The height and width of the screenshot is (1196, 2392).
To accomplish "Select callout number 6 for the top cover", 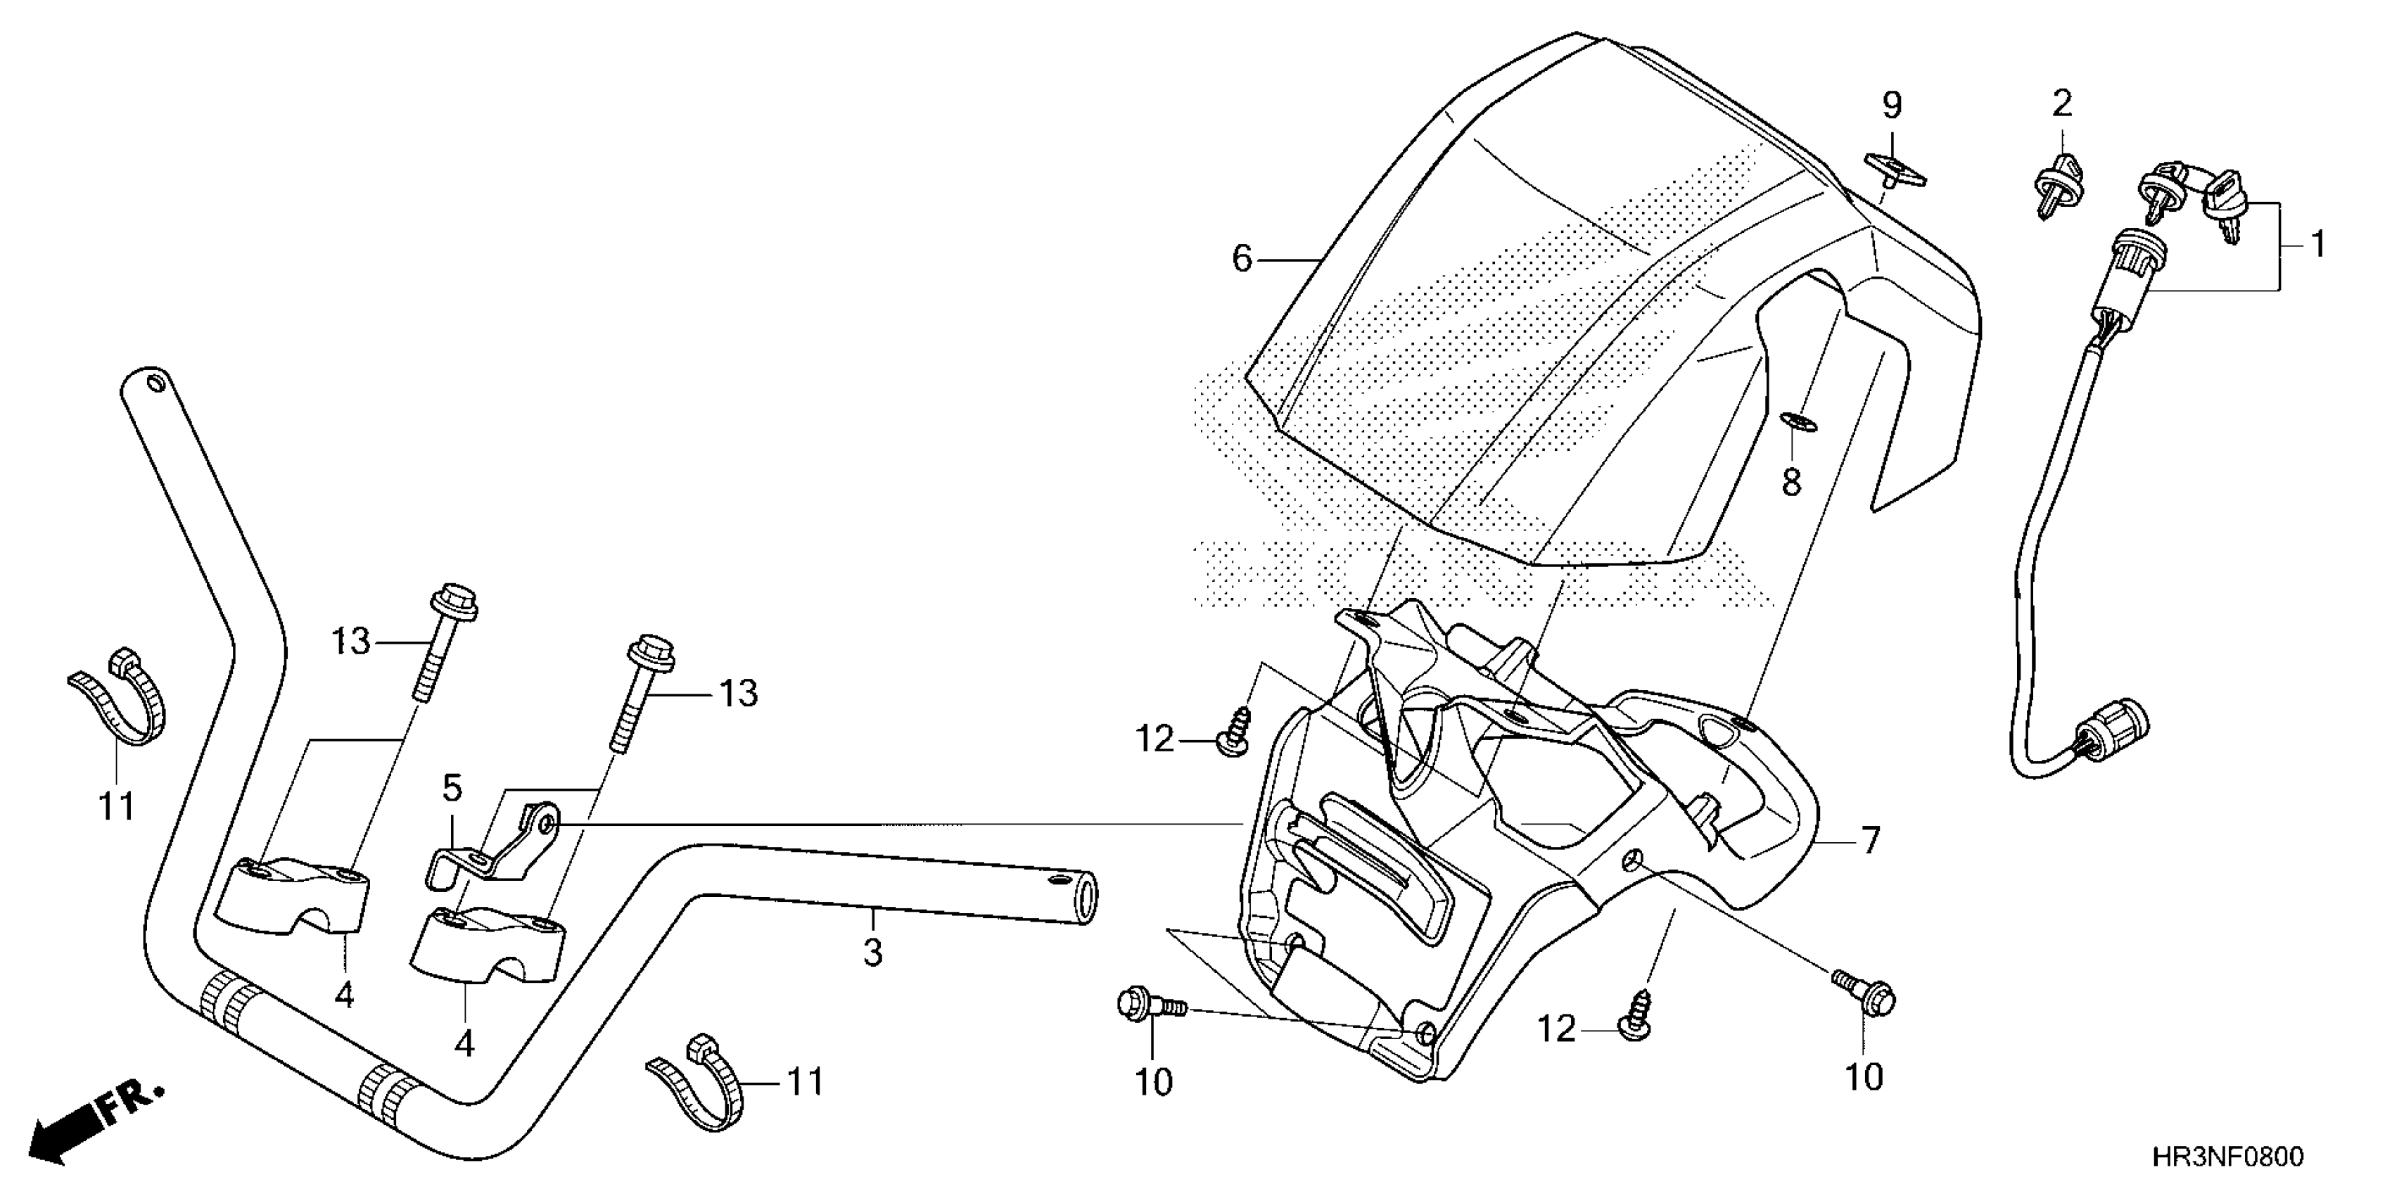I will click(1242, 258).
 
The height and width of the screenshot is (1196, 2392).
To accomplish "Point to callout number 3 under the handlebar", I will click(872, 953).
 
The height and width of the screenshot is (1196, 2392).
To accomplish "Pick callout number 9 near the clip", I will click(1892, 106).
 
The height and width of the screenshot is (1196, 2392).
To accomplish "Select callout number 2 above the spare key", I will click(2061, 103).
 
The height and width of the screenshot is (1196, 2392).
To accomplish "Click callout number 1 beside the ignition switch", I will click(2317, 244).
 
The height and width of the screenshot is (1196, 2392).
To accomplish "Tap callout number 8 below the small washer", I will click(1790, 482).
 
